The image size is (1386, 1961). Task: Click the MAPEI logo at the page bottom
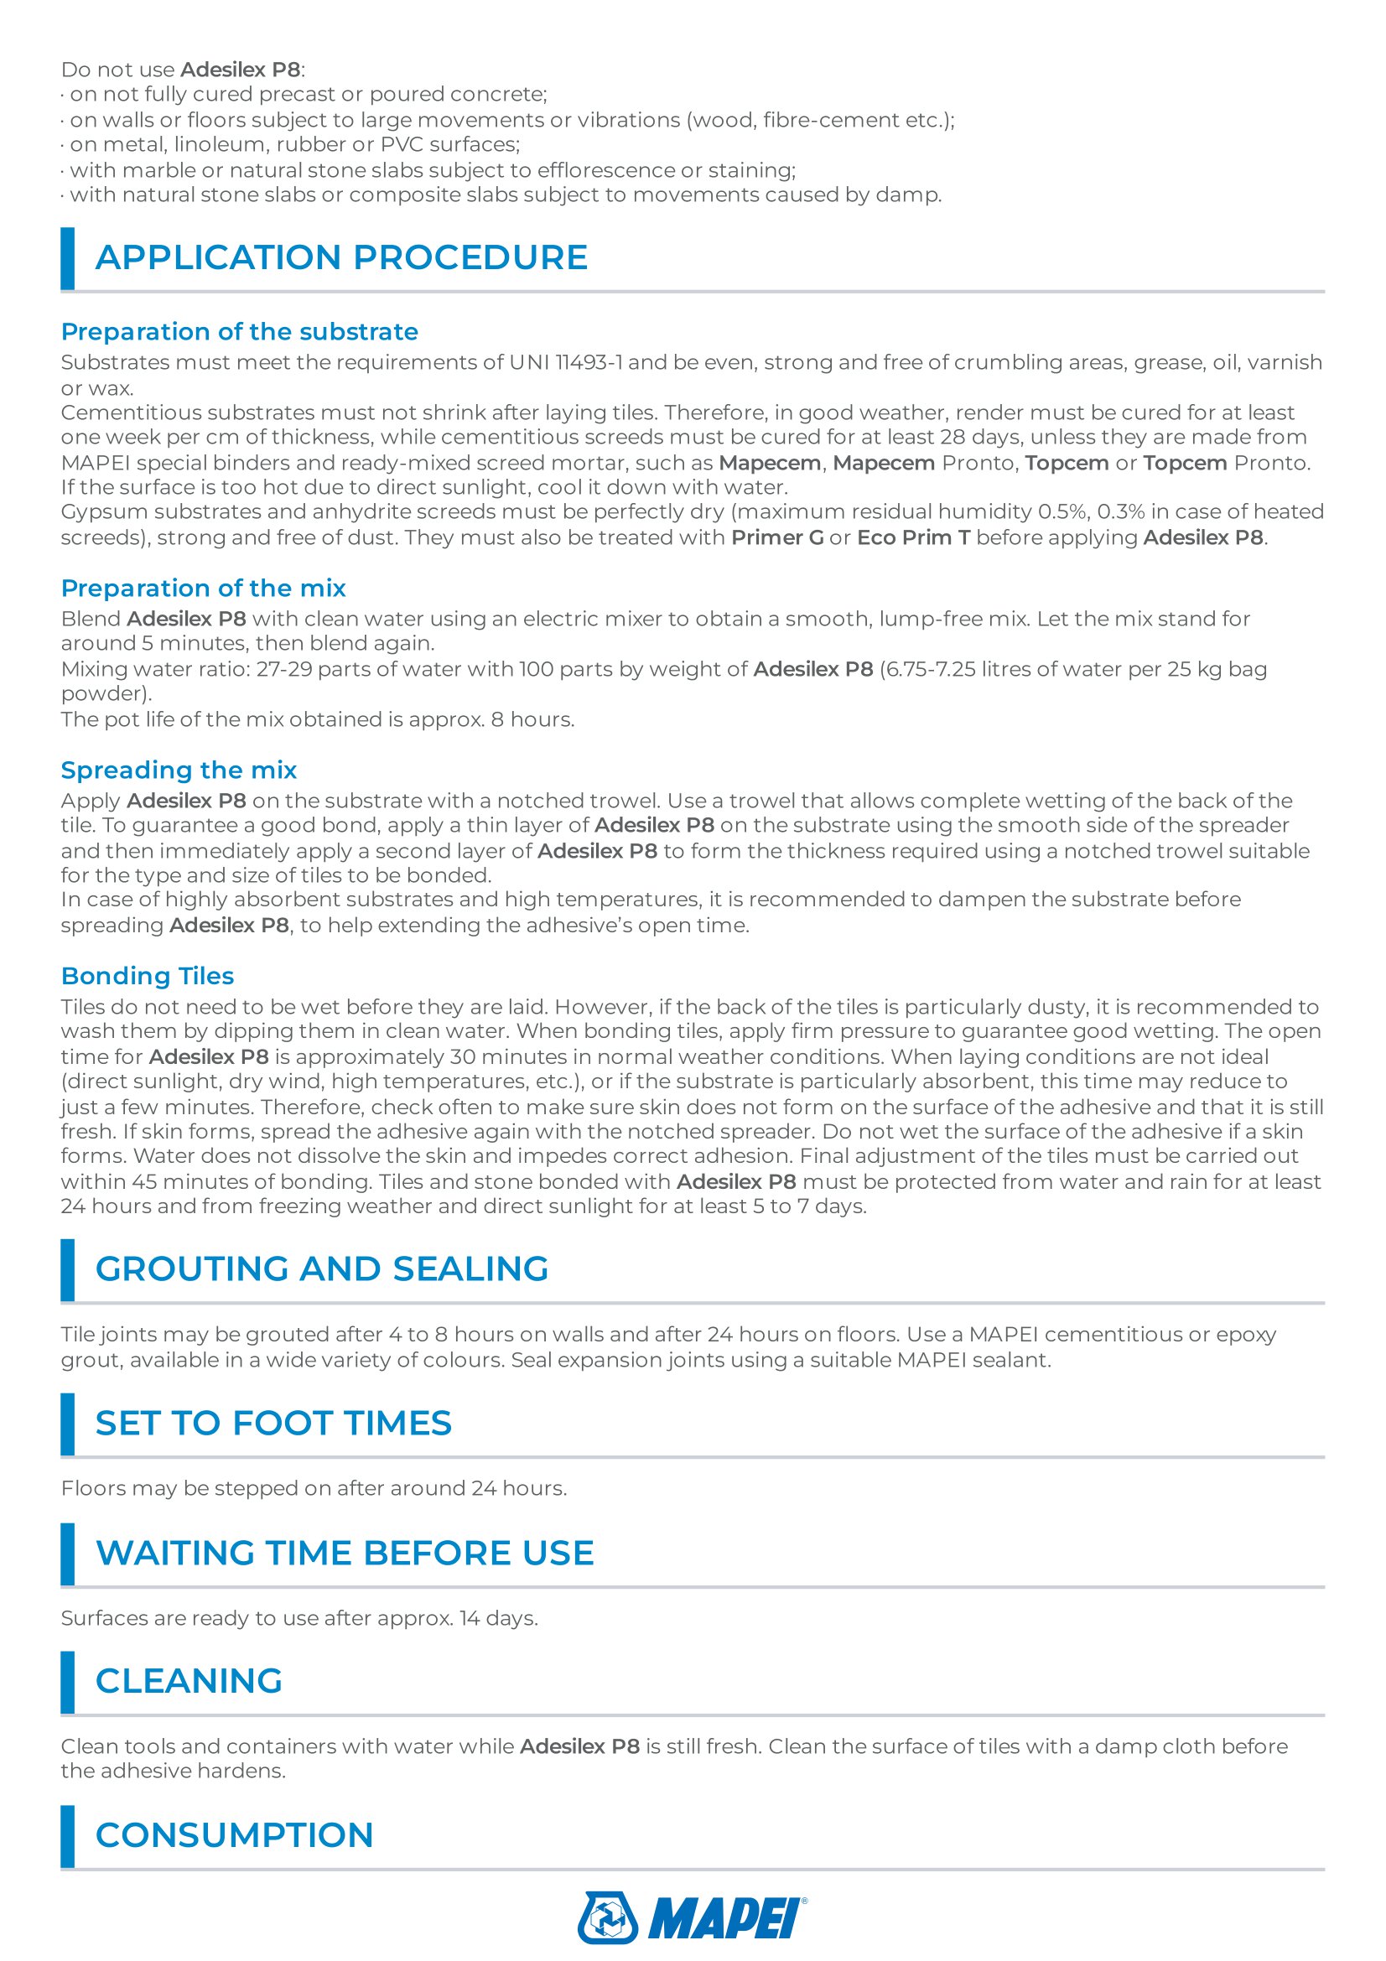tap(692, 1917)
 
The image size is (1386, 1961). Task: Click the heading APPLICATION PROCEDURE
tap(340, 258)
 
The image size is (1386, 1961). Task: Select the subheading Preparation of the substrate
tap(239, 331)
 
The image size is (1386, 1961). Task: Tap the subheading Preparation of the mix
tap(203, 588)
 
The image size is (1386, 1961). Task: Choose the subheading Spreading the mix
tap(179, 770)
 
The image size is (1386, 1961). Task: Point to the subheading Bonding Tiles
tap(147, 975)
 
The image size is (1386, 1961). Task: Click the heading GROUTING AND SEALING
tap(321, 1268)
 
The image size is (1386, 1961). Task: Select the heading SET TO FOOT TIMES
tap(273, 1423)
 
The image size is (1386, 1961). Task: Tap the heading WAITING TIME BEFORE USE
tap(344, 1553)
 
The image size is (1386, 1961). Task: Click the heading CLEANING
tap(189, 1681)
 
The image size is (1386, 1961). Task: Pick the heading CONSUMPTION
tap(234, 1834)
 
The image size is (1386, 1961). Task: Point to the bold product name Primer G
tap(777, 537)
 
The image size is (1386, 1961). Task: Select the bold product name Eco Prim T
tap(913, 537)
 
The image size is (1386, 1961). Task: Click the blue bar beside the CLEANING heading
tap(67, 1682)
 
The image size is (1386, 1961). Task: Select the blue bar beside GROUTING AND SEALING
tap(67, 1269)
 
